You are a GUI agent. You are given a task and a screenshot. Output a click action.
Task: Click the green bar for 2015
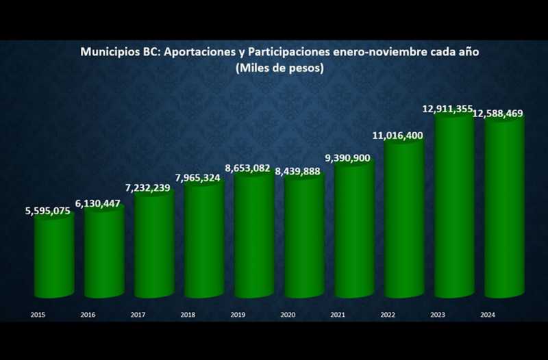click(x=54, y=257)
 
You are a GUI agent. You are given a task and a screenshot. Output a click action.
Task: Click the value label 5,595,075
click(x=48, y=211)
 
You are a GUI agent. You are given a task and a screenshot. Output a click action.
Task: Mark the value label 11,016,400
click(x=398, y=136)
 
